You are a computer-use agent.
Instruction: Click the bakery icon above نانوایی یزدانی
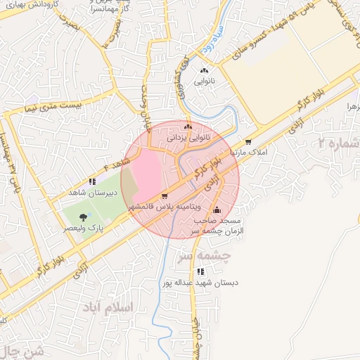click(187, 127)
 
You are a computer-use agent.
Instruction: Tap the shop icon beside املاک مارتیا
click(248, 141)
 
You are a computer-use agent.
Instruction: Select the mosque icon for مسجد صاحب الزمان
click(217, 210)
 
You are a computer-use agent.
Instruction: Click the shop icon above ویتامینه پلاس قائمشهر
click(165, 196)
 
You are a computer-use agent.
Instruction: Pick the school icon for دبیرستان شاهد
click(91, 181)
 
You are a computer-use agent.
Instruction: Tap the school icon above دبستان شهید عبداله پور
click(201, 271)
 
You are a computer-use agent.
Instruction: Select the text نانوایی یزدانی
click(187, 139)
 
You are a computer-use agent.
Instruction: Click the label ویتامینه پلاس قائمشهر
click(165, 208)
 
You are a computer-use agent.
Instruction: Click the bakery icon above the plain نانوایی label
click(205, 70)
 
